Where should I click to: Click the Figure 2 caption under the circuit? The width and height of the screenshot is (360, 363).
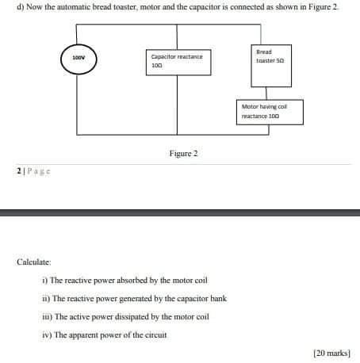coord(183,152)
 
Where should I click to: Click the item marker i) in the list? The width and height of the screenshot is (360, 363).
coord(44,280)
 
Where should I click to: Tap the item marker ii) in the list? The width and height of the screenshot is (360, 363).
coord(46,298)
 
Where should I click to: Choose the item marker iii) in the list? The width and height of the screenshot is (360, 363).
coord(47,315)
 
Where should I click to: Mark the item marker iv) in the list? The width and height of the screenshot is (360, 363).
coord(46,334)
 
